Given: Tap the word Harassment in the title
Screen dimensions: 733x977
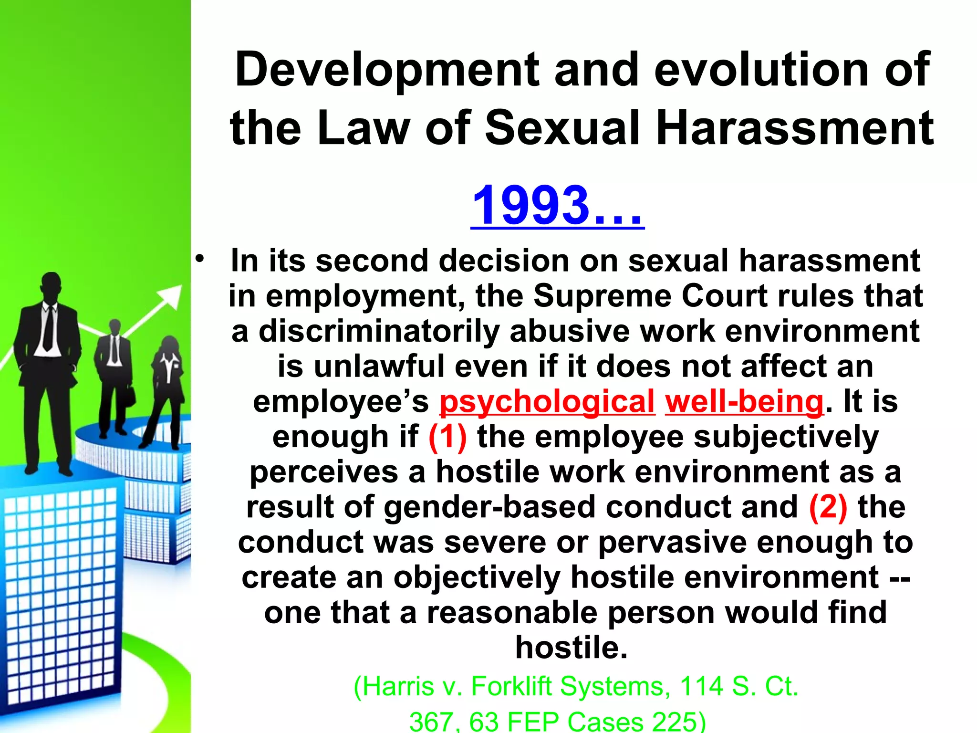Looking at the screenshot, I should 795,128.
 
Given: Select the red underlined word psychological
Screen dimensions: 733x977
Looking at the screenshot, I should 547,402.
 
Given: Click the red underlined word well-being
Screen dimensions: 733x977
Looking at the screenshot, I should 744,402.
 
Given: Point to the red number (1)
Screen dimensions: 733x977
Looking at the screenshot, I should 447,437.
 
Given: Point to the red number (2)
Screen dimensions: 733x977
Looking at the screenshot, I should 828,507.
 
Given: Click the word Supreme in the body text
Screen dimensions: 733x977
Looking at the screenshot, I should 603,296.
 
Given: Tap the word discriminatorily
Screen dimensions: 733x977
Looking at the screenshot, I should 379,331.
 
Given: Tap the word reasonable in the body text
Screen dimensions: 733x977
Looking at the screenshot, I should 512,613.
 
